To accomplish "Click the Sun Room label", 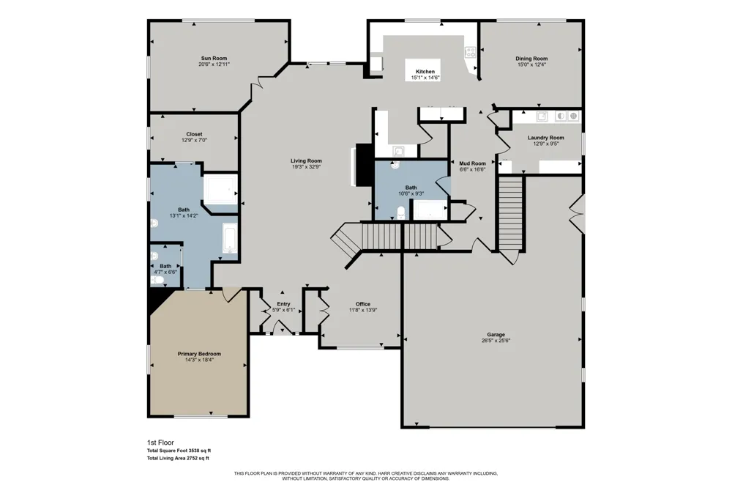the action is pos(214,59).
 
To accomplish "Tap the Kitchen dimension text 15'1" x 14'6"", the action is pos(425,78).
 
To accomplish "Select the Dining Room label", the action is pos(531,59).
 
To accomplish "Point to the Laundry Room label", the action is pos(546,138).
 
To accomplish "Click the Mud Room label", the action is pos(472,163).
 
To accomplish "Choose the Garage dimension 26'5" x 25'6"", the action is pos(496,341).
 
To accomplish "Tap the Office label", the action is pos(363,304).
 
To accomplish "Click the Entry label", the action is pos(283,304).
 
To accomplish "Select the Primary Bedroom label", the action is pos(199,354).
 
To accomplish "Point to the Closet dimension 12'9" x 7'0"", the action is pos(194,140).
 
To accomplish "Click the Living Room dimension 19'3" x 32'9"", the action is pos(306,166).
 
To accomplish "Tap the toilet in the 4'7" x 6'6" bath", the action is pos(157,280).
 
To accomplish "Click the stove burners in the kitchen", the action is pos(470,52).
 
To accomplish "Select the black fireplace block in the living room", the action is pos(362,165).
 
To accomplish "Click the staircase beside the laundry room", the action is pos(510,213).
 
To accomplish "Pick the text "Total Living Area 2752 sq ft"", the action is pos(178,459).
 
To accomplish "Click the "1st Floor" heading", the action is pos(160,443).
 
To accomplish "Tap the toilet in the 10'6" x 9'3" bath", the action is pos(401,212).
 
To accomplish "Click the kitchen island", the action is pos(422,69).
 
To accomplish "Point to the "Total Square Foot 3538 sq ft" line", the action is pos(179,451).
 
